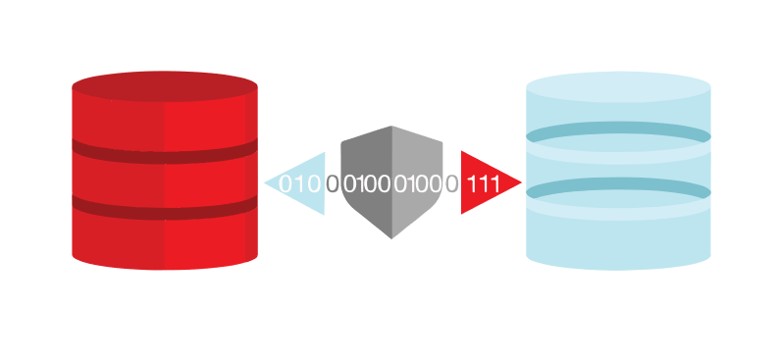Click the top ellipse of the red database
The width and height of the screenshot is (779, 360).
click(x=165, y=85)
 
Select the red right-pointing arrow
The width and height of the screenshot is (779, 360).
click(x=486, y=182)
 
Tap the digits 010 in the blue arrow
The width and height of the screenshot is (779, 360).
click(x=300, y=183)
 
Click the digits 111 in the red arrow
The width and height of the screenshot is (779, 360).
click(x=484, y=183)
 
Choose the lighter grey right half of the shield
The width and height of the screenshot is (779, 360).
click(x=416, y=177)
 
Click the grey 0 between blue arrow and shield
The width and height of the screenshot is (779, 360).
click(x=333, y=183)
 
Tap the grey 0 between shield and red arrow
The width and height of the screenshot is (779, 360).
click(x=451, y=183)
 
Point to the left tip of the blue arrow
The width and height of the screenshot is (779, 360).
click(x=266, y=182)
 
